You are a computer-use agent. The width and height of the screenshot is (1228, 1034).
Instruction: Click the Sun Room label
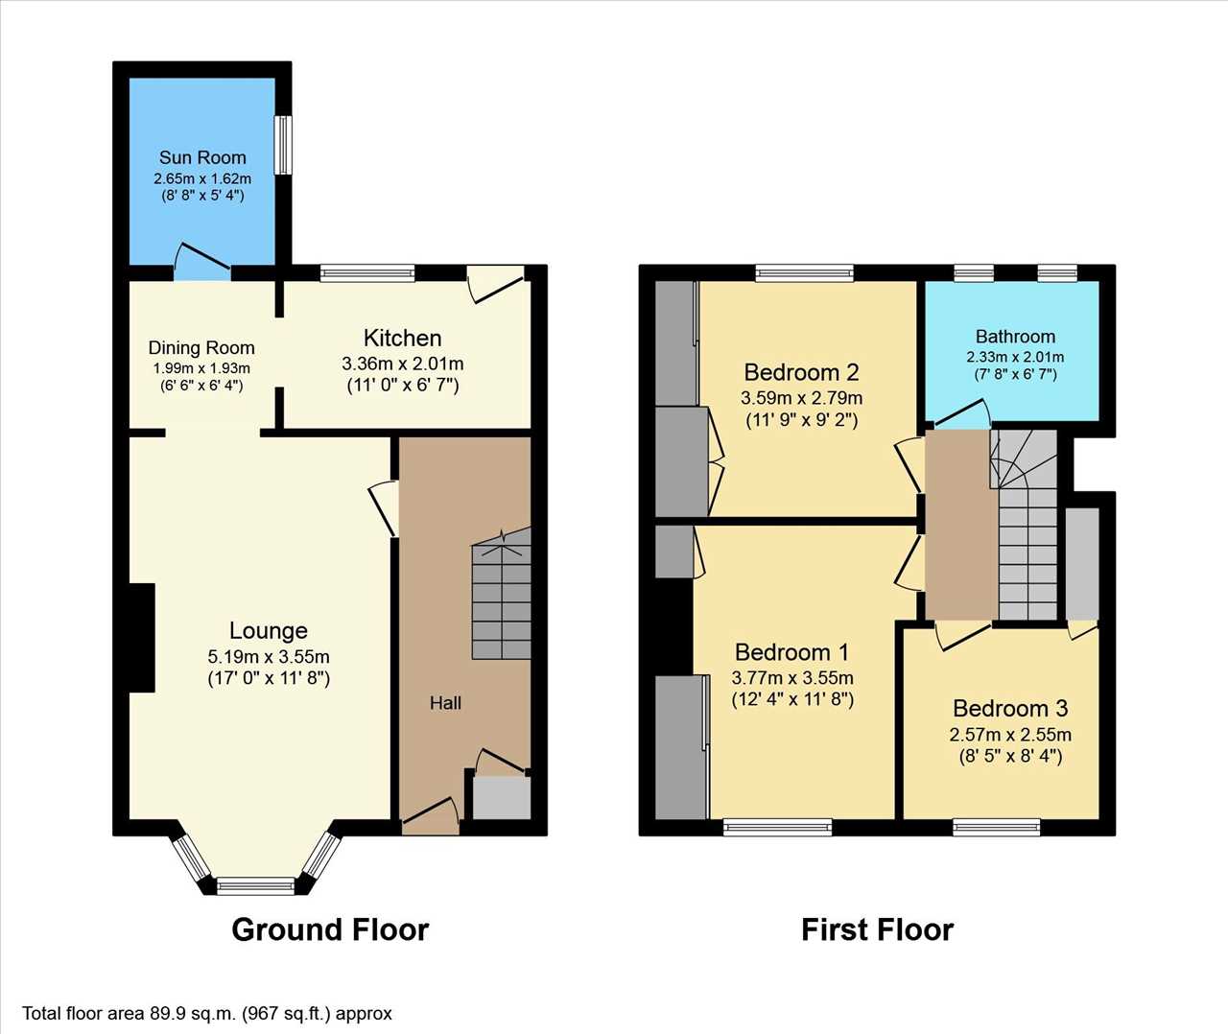click(x=202, y=157)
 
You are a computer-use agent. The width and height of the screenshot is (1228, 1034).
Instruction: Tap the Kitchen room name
click(x=402, y=339)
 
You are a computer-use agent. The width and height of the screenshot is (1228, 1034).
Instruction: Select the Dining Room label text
click(x=201, y=347)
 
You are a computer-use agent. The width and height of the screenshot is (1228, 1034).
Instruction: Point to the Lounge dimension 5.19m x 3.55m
click(x=269, y=656)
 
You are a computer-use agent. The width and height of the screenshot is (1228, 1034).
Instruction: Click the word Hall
click(x=445, y=703)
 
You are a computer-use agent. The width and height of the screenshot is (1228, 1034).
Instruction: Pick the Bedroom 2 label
click(x=801, y=372)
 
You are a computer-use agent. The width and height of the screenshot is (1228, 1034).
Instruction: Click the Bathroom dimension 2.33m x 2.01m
click(x=1014, y=357)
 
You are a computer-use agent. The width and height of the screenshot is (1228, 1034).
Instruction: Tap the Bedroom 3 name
click(x=1010, y=708)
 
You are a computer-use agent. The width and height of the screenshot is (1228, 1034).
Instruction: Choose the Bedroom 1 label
click(x=791, y=652)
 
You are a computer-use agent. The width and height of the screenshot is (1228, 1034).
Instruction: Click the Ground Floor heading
click(x=330, y=929)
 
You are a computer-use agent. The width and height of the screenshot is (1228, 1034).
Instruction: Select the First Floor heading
click(x=877, y=929)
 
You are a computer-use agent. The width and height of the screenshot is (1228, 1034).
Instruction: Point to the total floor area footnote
click(x=207, y=1014)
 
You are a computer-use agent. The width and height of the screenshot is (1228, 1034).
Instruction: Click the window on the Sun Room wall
click(x=283, y=145)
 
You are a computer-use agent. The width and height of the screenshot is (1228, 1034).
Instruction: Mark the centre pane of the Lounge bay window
click(x=256, y=885)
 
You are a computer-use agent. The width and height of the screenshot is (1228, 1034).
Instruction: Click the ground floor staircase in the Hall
click(x=501, y=594)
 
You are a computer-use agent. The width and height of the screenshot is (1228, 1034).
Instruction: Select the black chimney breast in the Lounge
click(x=142, y=638)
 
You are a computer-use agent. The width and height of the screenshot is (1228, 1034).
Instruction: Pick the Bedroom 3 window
click(x=996, y=827)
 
